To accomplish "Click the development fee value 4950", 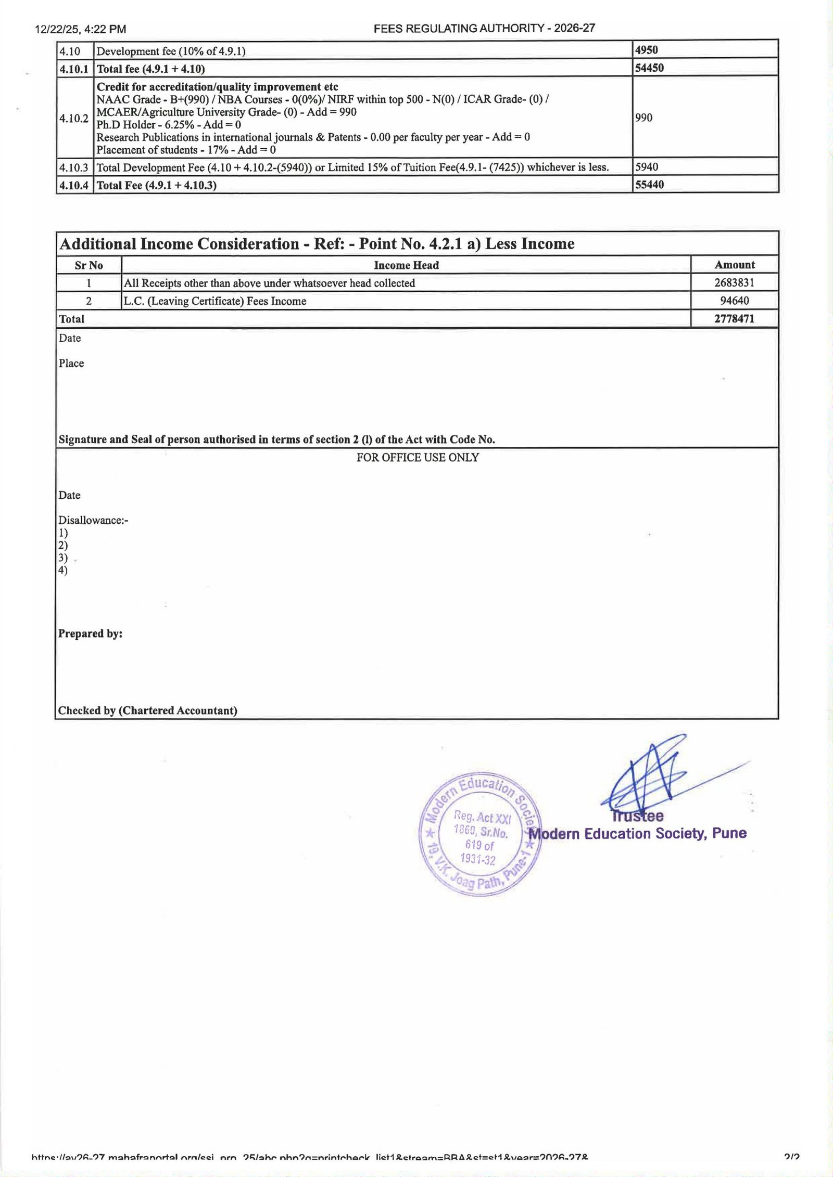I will pos(647,50).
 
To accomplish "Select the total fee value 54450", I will pos(649,68).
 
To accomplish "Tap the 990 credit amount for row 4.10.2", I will pos(644,118).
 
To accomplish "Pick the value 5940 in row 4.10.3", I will pos(647,167).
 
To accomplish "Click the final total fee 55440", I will pos(649,185).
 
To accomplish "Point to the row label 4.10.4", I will pos(74,185).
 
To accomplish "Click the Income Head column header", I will pos(406,265).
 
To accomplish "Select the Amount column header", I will pos(735,265).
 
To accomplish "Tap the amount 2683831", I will pos(734,282).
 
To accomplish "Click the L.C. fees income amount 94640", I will pos(734,301).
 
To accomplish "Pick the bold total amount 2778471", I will pos(734,319).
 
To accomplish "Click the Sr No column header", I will pos(89,265).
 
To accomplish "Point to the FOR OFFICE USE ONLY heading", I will pos(418,458).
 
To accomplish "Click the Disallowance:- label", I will pos(93,520).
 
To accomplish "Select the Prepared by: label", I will pos(91,633).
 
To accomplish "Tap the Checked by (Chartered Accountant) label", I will pos(148,710).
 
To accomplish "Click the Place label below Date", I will pos(71,363).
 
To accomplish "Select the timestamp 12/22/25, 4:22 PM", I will pos(80,29).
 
